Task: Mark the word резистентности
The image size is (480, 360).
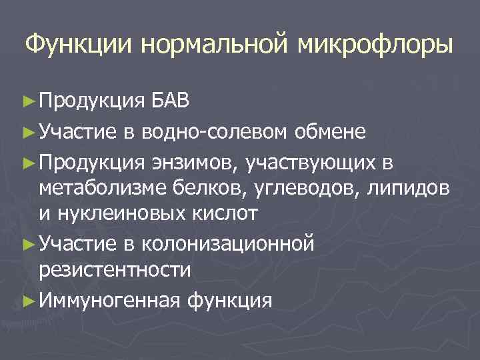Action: click(x=115, y=270)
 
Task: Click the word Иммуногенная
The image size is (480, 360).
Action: click(x=110, y=301)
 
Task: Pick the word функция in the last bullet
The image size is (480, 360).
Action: click(x=230, y=301)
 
